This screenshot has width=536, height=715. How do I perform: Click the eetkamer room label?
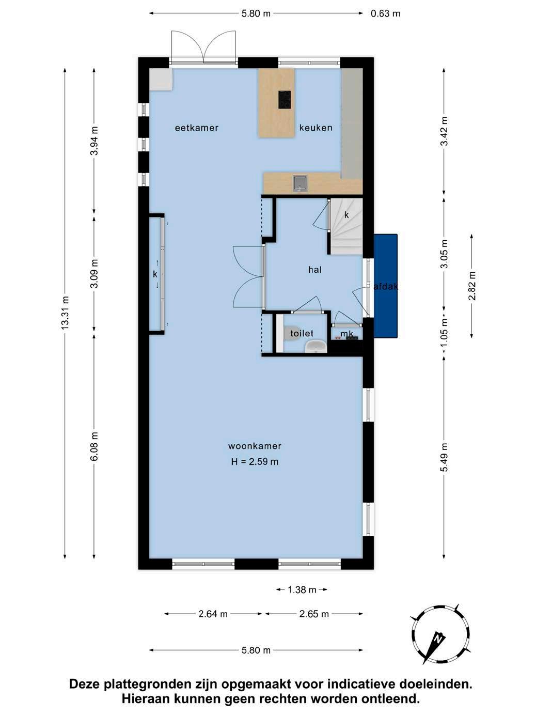click(x=197, y=128)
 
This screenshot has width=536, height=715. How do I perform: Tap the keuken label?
click(x=316, y=128)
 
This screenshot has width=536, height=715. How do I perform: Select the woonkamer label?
click(x=255, y=446)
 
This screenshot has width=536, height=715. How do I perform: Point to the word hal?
click(x=314, y=270)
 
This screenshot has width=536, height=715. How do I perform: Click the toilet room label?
click(x=302, y=333)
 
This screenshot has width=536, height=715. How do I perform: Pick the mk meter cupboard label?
click(x=346, y=334)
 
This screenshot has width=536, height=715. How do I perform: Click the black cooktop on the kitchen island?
click(x=285, y=100)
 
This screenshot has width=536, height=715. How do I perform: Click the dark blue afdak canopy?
click(x=386, y=286)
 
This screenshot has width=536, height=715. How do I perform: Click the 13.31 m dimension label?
click(x=65, y=313)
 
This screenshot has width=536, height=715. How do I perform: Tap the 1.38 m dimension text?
click(x=302, y=589)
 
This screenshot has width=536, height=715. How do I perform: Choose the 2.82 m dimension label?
click(x=472, y=286)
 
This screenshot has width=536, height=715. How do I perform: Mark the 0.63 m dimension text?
click(x=385, y=13)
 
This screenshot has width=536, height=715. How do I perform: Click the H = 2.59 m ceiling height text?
click(x=255, y=462)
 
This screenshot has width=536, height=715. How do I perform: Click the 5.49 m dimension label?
click(x=444, y=457)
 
